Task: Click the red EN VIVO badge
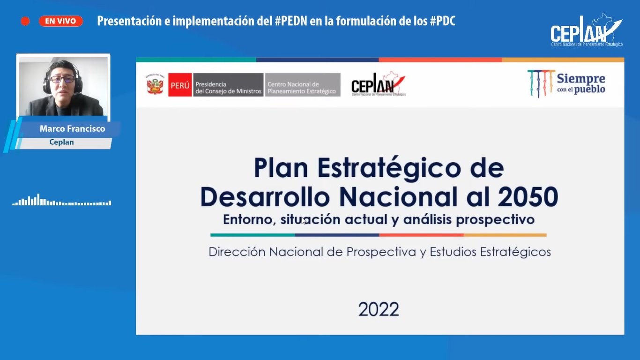point(61,21)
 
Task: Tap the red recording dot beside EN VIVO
point(25,21)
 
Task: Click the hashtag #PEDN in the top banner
point(291,21)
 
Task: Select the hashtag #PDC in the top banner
point(443,21)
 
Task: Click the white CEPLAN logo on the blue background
point(586,30)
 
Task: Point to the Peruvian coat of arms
point(155,84)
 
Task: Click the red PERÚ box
point(180,85)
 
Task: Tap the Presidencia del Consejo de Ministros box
point(228,85)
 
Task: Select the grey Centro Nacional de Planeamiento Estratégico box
point(303,85)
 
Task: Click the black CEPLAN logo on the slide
point(379,84)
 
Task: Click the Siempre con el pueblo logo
point(566,83)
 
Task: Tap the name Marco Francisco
point(72,129)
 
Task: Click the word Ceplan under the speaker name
point(61,142)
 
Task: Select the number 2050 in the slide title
point(528,197)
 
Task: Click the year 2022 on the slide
point(379,309)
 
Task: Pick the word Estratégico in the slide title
point(389,168)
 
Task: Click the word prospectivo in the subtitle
point(495,219)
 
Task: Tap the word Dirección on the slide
point(237,252)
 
